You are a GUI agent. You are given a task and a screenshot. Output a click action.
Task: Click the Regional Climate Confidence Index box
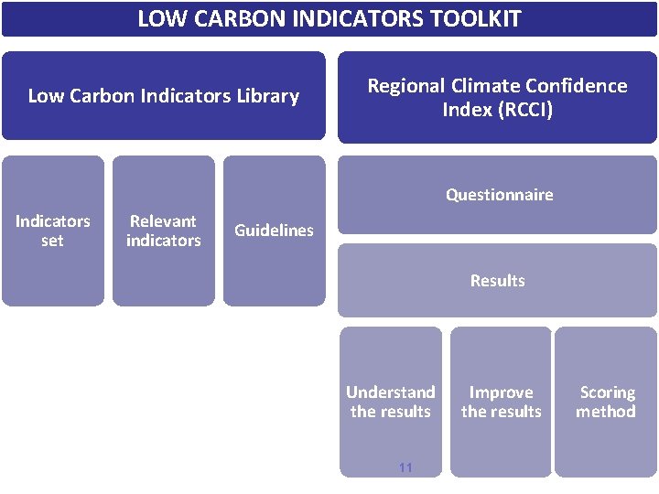click(x=497, y=97)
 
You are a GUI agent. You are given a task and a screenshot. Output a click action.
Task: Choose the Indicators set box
click(x=52, y=231)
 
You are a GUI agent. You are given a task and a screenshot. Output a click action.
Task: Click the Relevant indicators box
click(x=163, y=231)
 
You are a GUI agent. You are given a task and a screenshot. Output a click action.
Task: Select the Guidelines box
click(x=274, y=231)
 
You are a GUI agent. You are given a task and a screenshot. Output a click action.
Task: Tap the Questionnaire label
click(x=499, y=195)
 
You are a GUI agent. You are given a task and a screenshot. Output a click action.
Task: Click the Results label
click(x=497, y=281)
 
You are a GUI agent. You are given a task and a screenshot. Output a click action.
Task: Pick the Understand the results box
click(x=391, y=402)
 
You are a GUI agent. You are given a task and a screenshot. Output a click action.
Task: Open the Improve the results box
click(x=501, y=402)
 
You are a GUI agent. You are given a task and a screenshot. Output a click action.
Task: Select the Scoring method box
click(x=606, y=402)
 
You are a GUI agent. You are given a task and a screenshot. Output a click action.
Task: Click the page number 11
click(x=405, y=467)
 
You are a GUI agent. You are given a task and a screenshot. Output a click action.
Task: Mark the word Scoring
click(x=607, y=392)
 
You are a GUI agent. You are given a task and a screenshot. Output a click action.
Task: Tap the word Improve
click(x=501, y=392)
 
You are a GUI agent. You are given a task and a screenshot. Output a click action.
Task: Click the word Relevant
click(x=163, y=221)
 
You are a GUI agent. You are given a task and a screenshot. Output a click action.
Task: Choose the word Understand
click(x=391, y=392)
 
